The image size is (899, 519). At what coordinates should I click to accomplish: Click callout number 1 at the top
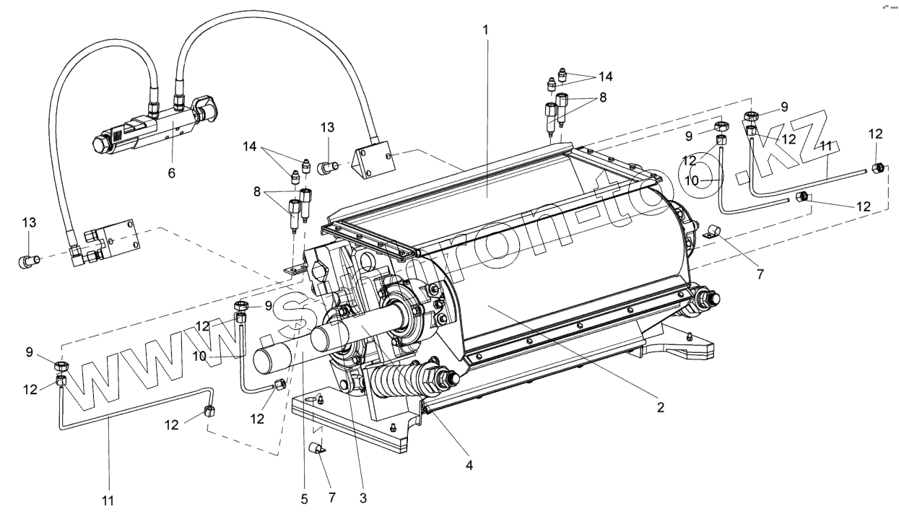tap(486, 32)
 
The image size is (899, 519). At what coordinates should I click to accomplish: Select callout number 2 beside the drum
tap(659, 407)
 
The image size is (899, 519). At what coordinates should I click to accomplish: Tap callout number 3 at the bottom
tap(363, 497)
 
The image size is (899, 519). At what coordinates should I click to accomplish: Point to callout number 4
tap(469, 466)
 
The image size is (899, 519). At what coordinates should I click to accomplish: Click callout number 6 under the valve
tap(171, 173)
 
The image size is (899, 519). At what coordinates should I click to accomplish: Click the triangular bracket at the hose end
tap(373, 162)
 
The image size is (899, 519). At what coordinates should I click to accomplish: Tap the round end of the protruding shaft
tap(270, 359)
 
